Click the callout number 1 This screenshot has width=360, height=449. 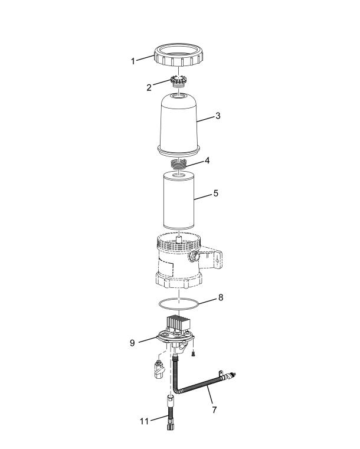pyautogui.click(x=133, y=61)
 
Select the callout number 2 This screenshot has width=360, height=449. pyautogui.click(x=149, y=87)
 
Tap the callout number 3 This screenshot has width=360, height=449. pyautogui.click(x=218, y=116)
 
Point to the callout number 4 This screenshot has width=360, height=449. pyautogui.click(x=207, y=160)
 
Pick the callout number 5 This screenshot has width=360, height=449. pyautogui.click(x=215, y=194)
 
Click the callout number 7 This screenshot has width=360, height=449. pyautogui.click(x=214, y=410)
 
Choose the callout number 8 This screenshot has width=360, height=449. pyautogui.click(x=221, y=297)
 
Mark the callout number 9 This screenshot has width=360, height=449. pyautogui.click(x=132, y=343)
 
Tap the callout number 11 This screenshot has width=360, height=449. pyautogui.click(x=145, y=421)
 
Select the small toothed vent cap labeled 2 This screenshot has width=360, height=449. pyautogui.click(x=178, y=80)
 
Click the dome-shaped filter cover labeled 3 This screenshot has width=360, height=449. pyautogui.click(x=178, y=125)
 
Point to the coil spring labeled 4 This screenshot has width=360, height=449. pyautogui.click(x=178, y=165)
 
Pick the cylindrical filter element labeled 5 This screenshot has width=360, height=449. pyautogui.click(x=178, y=201)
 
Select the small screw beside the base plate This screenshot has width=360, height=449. pyautogui.click(x=194, y=354)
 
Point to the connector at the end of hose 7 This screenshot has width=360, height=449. pyautogui.click(x=231, y=375)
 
